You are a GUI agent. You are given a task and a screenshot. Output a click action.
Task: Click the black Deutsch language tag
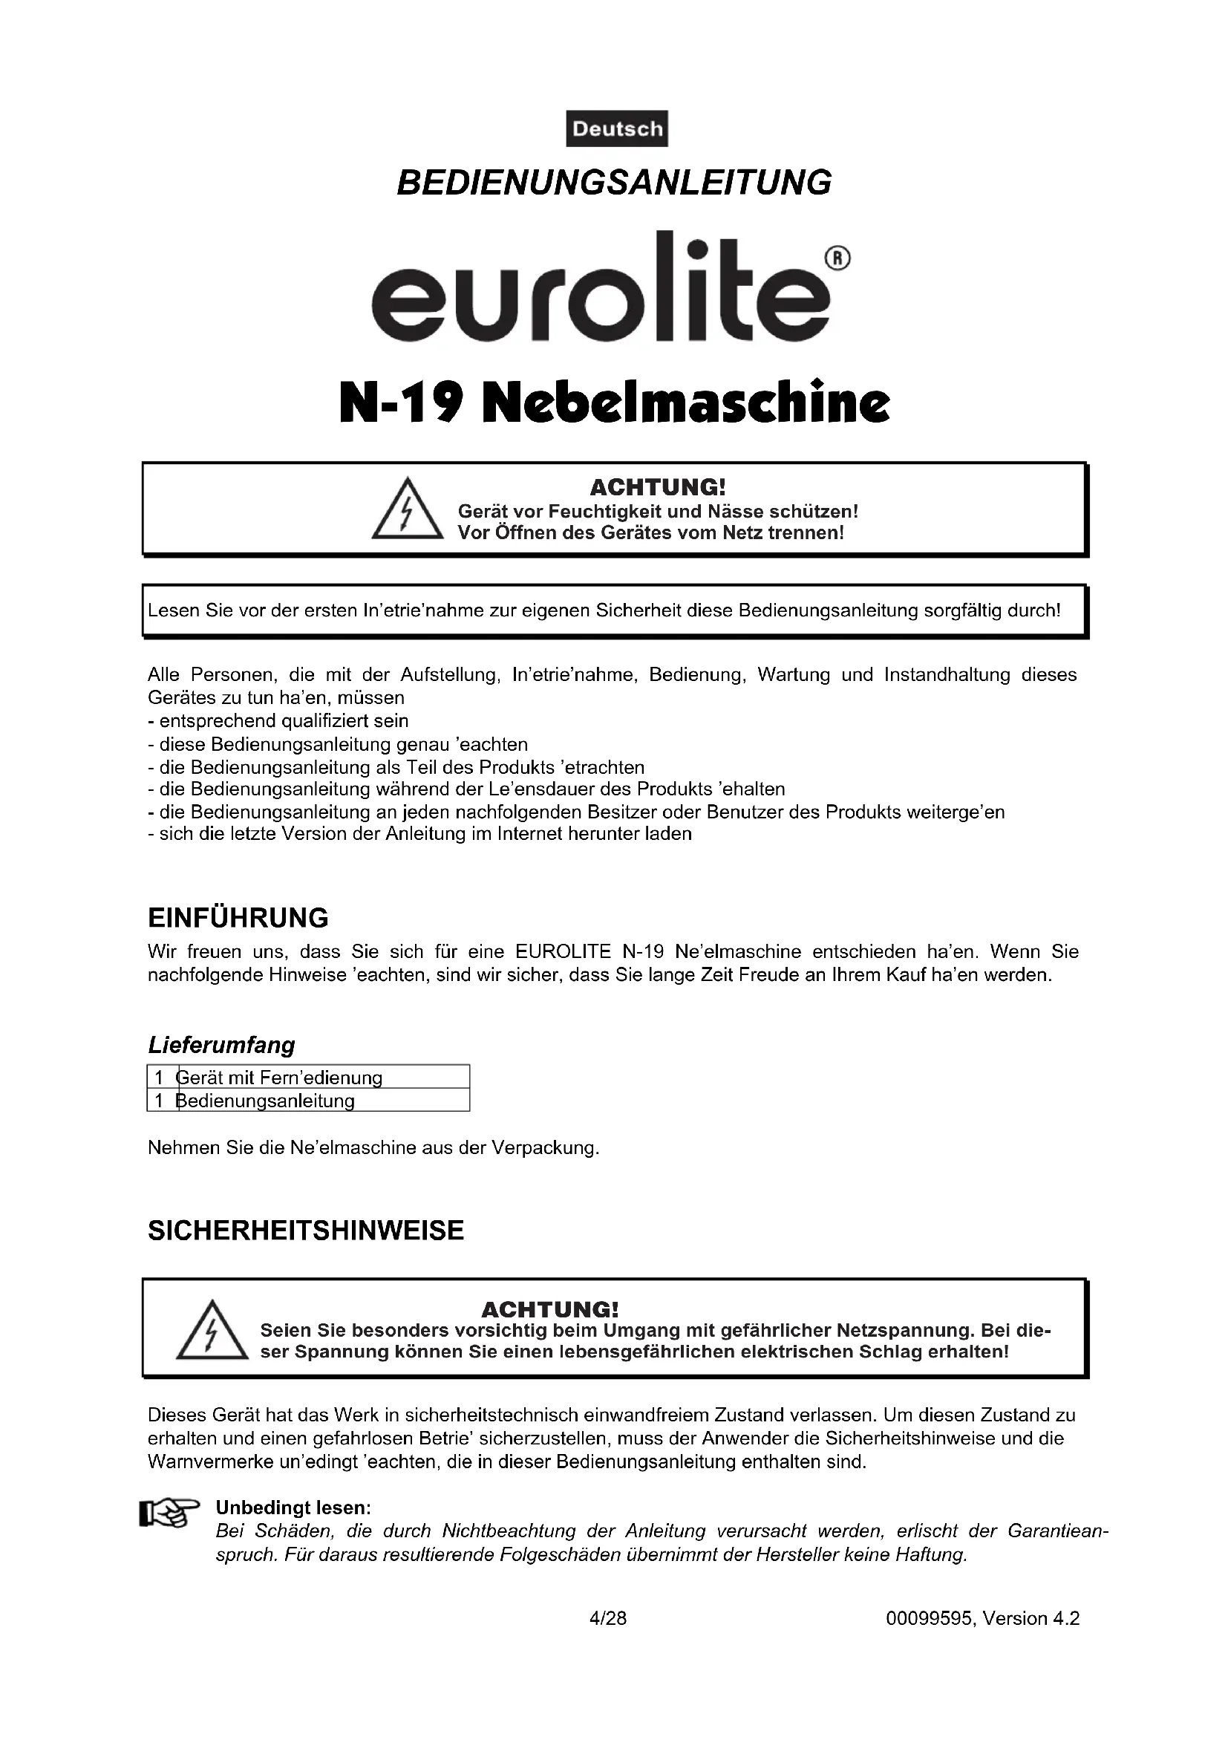(616, 128)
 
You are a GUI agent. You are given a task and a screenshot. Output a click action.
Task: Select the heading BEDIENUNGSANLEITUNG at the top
(614, 183)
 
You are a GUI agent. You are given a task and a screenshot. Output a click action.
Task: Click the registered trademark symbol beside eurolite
(837, 258)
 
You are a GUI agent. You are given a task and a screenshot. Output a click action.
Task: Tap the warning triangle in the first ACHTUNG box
(407, 510)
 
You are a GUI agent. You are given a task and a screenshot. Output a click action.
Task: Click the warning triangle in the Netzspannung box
(212, 1331)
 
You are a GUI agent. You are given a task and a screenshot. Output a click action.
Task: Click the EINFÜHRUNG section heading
(238, 918)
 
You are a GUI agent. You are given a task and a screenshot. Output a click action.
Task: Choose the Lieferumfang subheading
(221, 1046)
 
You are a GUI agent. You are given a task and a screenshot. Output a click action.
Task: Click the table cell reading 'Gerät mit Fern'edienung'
(280, 1078)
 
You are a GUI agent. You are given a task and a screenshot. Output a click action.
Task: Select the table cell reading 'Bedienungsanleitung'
(267, 1101)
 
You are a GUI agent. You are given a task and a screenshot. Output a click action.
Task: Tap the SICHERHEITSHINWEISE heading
(305, 1231)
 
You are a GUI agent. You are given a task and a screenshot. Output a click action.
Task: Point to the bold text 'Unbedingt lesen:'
(293, 1508)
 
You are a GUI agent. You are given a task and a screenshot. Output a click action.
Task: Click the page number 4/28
(608, 1618)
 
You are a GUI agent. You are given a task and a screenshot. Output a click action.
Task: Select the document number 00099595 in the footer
(930, 1618)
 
